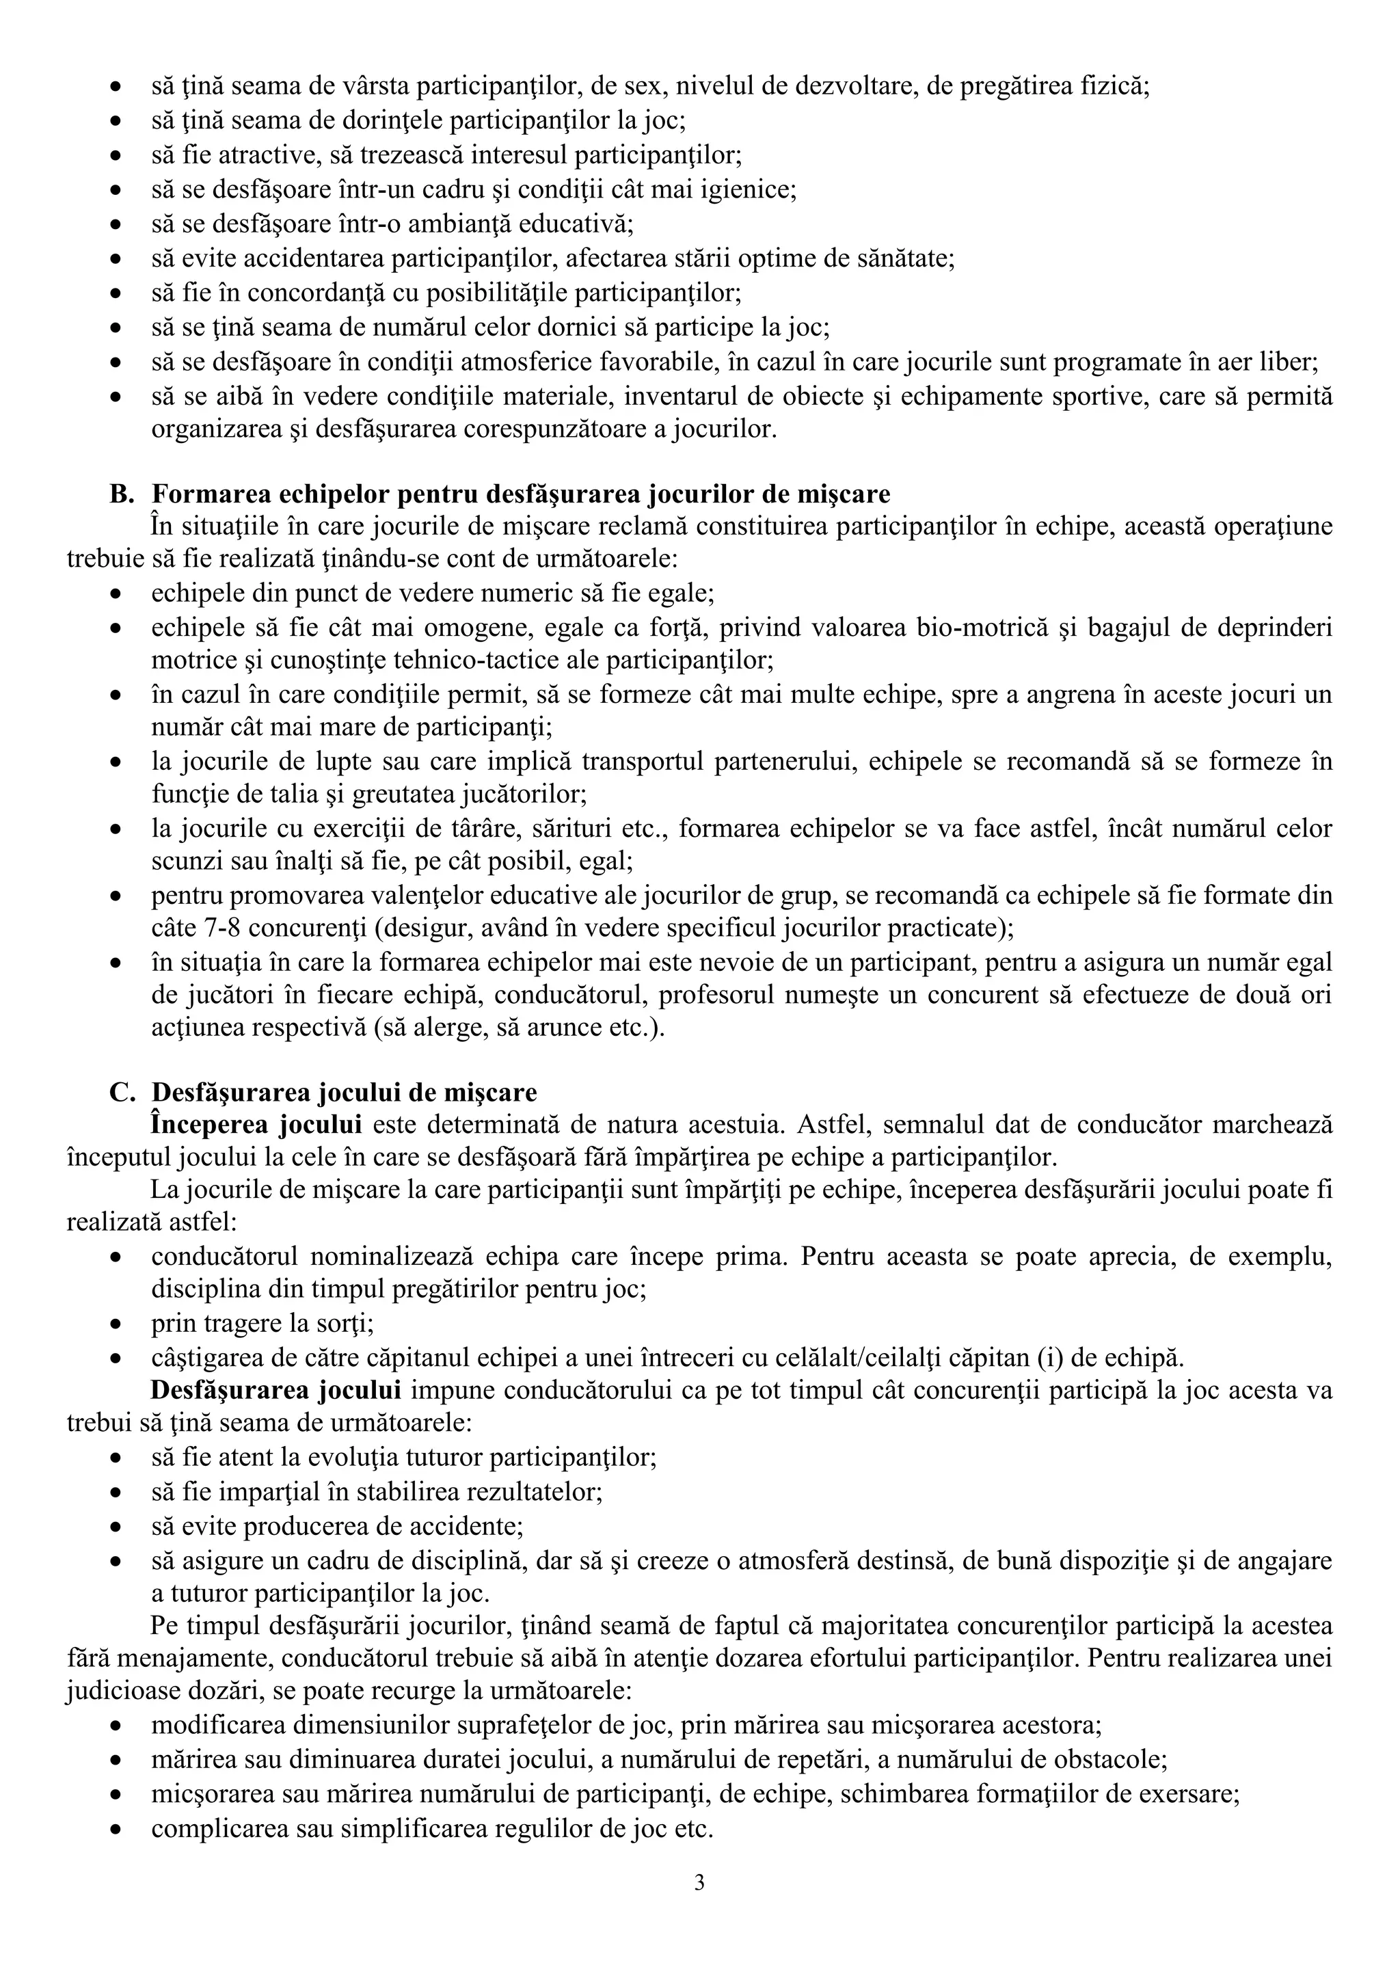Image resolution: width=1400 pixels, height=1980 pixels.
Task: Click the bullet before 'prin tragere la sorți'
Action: point(116,1324)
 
